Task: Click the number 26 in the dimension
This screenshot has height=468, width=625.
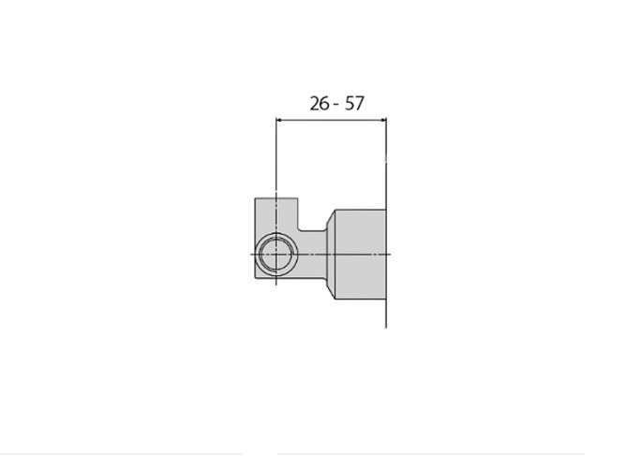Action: click(x=320, y=104)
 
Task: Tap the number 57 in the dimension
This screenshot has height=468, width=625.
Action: click(x=354, y=104)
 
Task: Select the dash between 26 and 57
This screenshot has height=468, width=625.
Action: click(x=336, y=105)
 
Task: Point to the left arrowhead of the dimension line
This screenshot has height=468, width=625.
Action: click(x=279, y=120)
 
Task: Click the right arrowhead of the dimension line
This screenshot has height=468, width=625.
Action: click(x=383, y=120)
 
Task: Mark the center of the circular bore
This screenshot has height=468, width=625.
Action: click(x=275, y=254)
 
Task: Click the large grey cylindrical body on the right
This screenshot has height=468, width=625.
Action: click(x=361, y=254)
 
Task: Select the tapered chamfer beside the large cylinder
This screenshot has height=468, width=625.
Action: click(x=331, y=254)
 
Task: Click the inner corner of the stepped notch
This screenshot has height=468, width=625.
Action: click(x=299, y=230)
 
